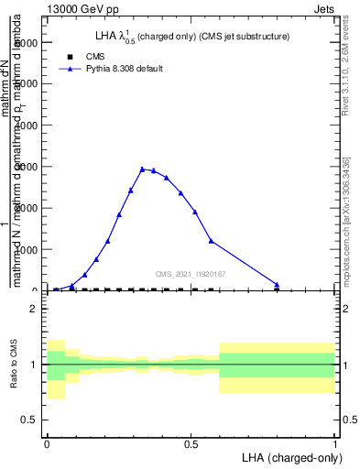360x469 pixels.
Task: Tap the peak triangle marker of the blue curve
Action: coord(142,169)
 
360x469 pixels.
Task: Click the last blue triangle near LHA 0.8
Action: coord(277,285)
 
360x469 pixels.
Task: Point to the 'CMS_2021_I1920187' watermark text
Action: coord(190,273)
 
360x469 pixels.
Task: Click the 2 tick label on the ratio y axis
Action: coord(32,309)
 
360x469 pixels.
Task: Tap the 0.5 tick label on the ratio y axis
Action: coord(27,420)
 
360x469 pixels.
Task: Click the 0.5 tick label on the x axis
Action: coord(191,443)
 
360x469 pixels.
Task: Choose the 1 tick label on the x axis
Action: coord(334,443)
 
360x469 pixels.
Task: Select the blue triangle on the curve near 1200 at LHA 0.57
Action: coord(212,241)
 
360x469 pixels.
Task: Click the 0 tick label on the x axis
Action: coord(47,443)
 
